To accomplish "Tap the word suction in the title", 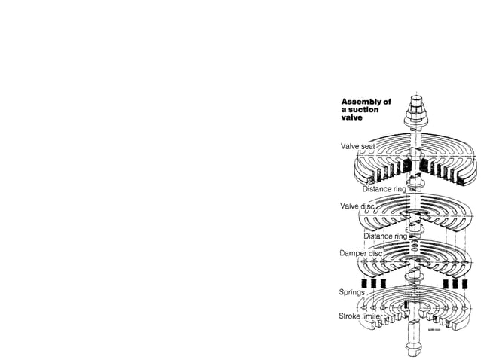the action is tap(366, 110).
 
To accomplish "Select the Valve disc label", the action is tap(357, 205).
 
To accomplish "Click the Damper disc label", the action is tap(360, 252).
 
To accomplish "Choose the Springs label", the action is tap(353, 291).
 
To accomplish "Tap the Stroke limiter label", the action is tap(360, 317).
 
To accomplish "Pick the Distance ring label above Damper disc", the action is tap(385, 236).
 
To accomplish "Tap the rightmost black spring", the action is tap(468, 284).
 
